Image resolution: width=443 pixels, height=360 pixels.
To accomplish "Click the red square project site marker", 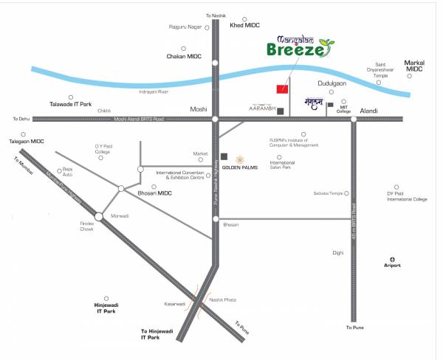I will tap(281, 89).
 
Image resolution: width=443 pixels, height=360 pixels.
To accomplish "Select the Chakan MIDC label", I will tap(184, 55).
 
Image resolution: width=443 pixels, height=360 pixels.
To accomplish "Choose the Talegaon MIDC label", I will tap(27, 140).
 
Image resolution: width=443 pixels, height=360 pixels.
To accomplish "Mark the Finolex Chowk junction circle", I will tap(99, 216).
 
